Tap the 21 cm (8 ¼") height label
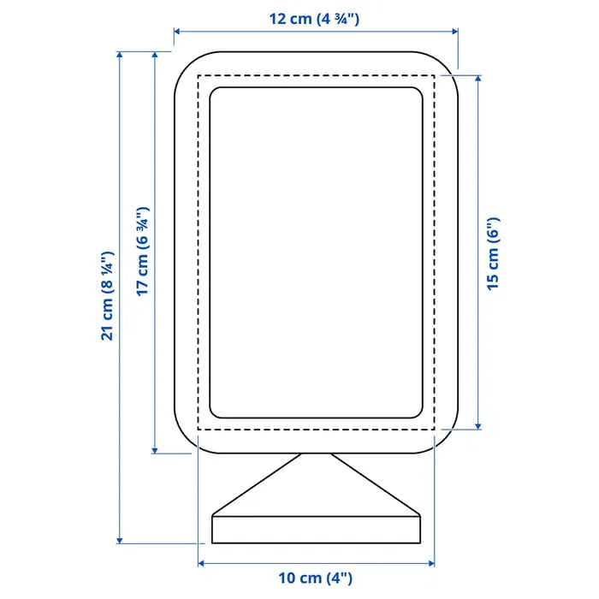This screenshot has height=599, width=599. tap(107, 296)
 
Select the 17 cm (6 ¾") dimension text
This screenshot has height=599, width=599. tap(143, 252)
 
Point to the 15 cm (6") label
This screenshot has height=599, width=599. tap(494, 253)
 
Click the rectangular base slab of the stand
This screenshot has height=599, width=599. tap(317, 529)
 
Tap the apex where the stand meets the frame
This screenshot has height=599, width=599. tap(316, 454)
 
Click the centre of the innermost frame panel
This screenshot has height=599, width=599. tap(317, 252)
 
